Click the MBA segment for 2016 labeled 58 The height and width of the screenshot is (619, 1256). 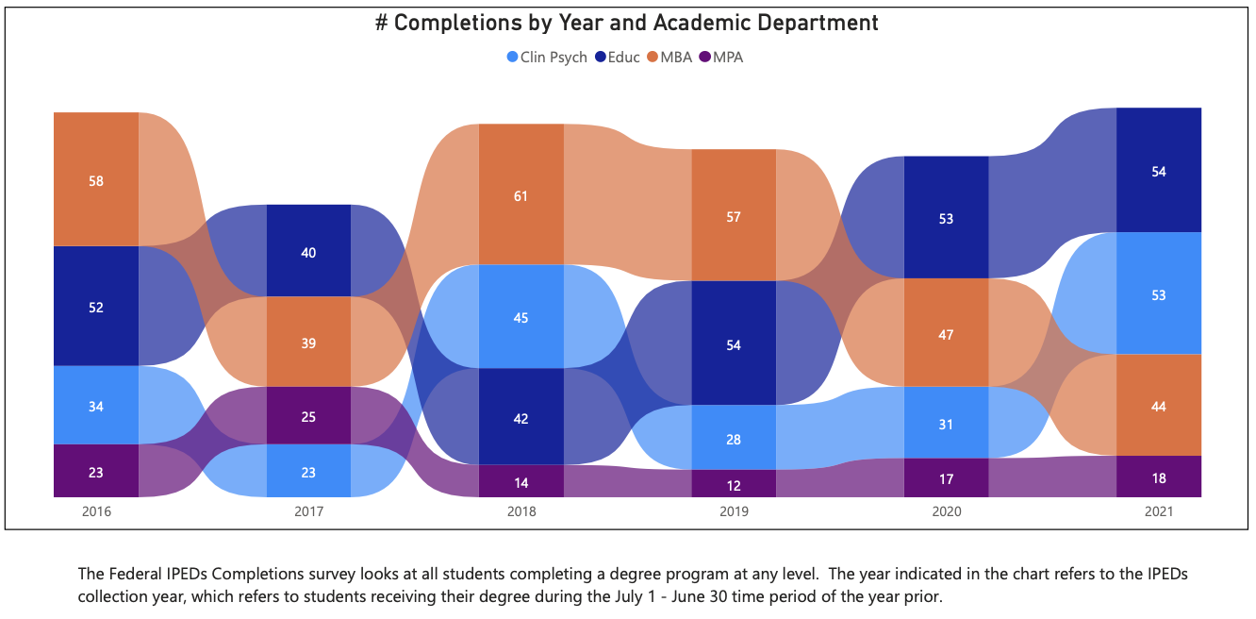96,179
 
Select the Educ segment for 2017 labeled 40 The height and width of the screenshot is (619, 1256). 308,251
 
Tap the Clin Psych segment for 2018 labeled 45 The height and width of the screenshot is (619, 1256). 521,317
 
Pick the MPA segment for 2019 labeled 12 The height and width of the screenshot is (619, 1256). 734,484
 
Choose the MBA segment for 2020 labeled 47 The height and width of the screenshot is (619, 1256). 946,333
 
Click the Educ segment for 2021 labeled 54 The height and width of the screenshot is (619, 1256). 1159,171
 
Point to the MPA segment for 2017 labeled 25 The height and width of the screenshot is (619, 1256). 308,415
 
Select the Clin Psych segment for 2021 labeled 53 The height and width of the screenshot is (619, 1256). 1159,294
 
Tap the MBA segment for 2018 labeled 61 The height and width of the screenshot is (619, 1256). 521,195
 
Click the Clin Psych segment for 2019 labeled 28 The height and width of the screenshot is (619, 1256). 734,439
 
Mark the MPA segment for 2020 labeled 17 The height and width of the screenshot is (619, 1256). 946,478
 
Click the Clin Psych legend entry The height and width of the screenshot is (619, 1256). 546,58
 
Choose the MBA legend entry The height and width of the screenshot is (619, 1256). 669,58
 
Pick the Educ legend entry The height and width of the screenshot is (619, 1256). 617,58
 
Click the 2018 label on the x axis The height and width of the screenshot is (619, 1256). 521,511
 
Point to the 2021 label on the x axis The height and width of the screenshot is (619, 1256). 1159,511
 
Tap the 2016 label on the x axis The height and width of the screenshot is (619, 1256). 96,511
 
